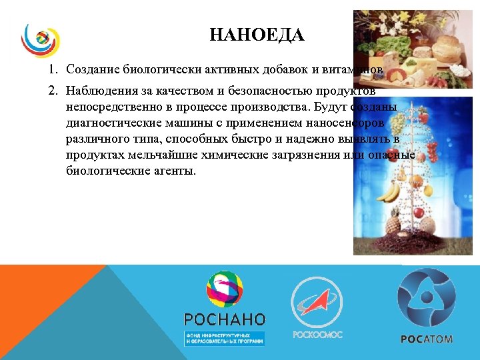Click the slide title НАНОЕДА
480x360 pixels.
257,35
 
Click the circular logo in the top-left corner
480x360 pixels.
41,41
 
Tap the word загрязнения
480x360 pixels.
310,155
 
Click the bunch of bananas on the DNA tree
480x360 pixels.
389,192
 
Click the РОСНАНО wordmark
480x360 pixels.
224,319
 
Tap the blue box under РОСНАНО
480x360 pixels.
224,338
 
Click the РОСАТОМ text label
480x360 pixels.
426,339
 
